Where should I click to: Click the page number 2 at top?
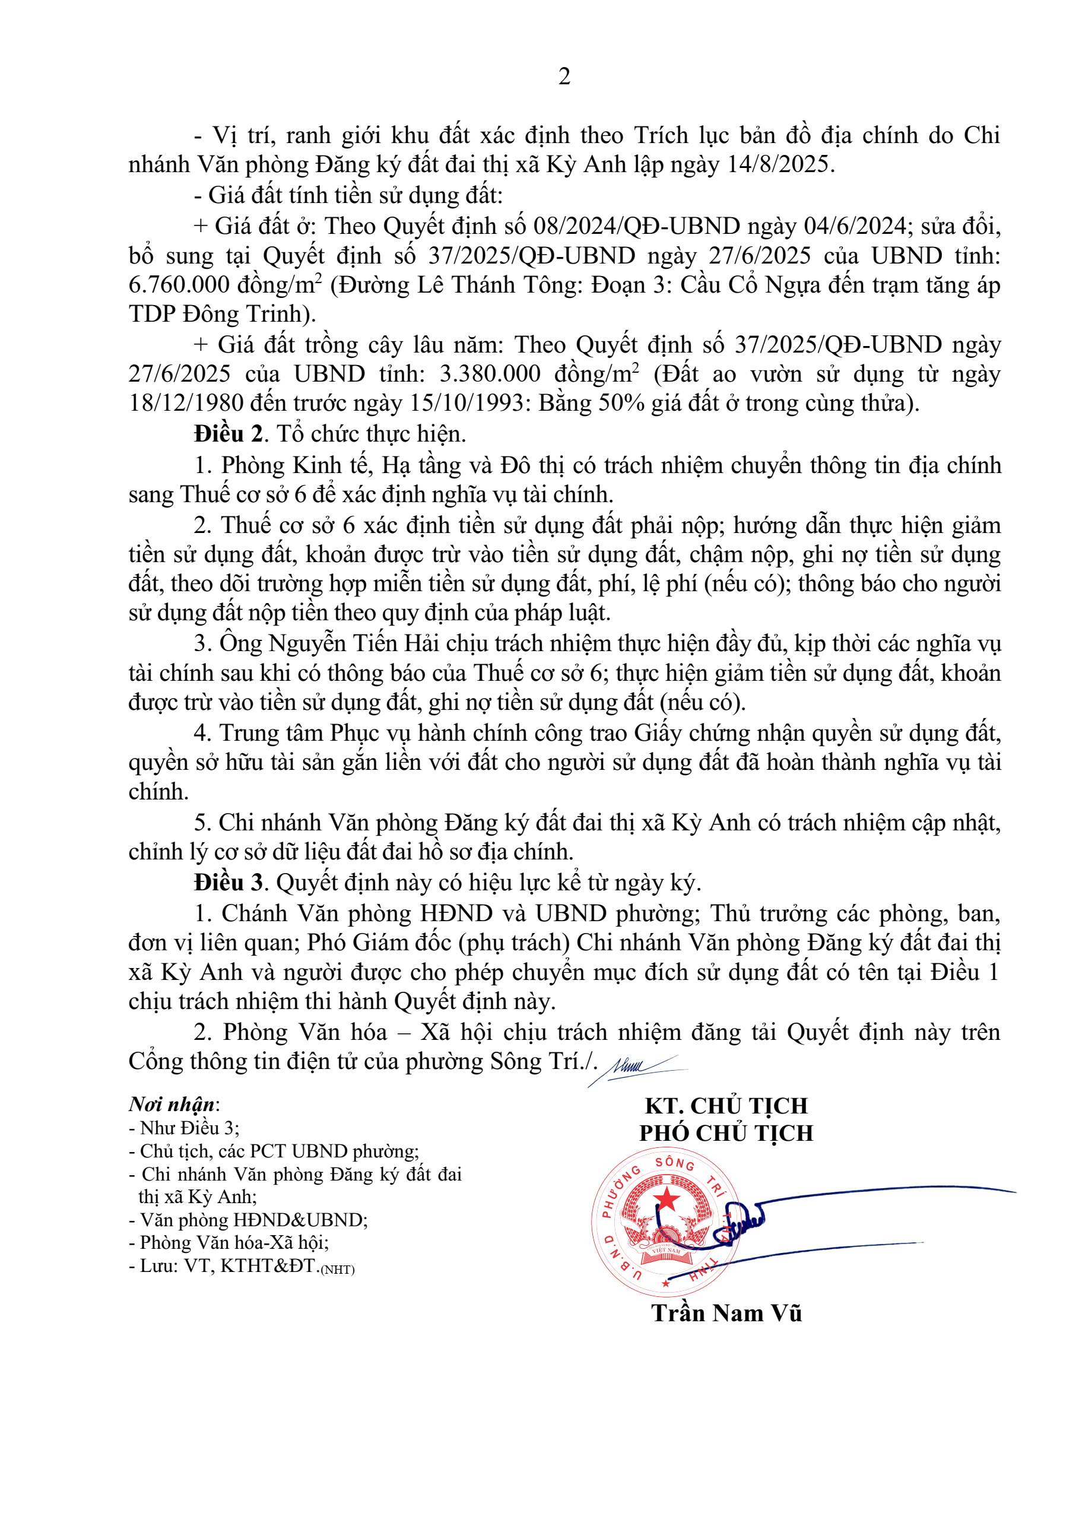coord(564,77)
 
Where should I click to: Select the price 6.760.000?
coord(174,285)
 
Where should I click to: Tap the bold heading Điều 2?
coord(229,434)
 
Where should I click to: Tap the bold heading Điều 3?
coord(229,883)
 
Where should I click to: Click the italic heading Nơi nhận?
coord(172,1105)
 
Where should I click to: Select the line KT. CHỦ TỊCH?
coord(726,1106)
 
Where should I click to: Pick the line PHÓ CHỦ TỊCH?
coord(726,1133)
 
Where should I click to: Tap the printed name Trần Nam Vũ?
coord(726,1314)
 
